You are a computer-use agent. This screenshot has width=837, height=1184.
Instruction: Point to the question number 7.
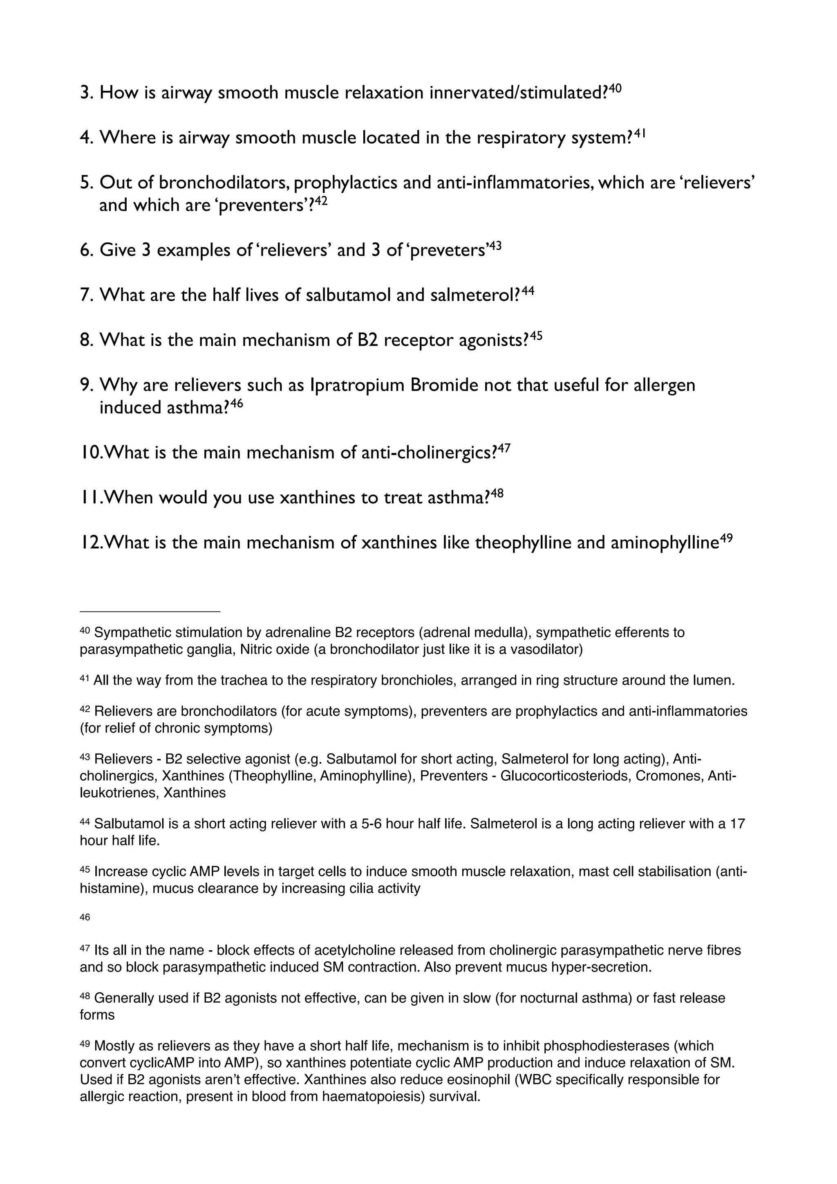pos(85,295)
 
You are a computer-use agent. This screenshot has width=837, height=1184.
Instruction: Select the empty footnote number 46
pos(85,917)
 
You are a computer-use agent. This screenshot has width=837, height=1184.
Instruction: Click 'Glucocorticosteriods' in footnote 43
pos(565,776)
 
